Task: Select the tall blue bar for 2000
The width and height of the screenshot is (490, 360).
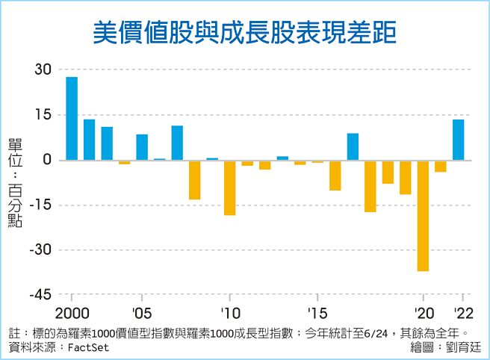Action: (72, 119)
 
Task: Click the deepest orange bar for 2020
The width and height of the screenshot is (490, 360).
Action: (423, 215)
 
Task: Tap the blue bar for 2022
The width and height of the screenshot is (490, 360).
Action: (458, 140)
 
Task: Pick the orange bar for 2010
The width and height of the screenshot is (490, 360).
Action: (229, 187)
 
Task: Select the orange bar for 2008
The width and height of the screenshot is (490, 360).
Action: (194, 179)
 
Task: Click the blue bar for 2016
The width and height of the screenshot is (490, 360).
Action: (353, 146)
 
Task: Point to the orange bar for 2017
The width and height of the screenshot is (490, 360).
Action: (370, 186)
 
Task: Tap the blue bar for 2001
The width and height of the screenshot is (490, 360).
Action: (89, 140)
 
